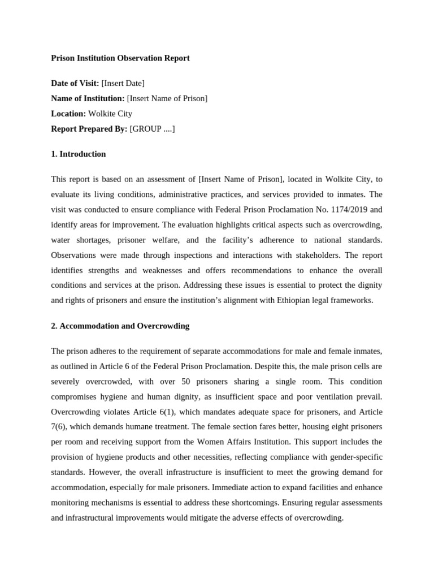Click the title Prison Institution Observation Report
pos(120,58)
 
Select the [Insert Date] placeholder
pos(123,84)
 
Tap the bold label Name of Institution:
pos(88,99)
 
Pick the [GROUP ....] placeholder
pos(152,129)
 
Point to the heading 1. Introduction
pos(79,154)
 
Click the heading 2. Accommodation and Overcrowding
pos(120,326)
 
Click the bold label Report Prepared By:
pos(89,129)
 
